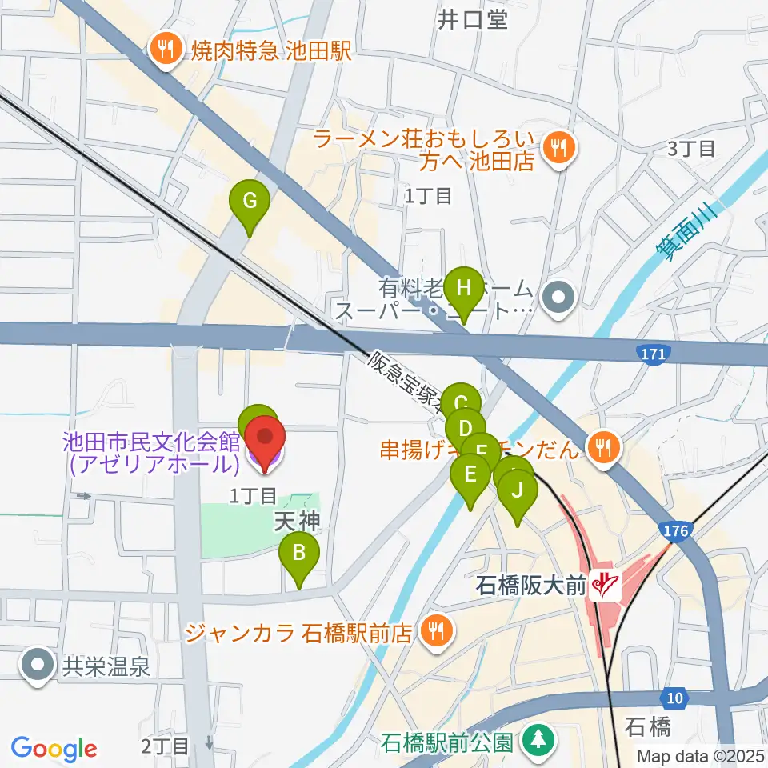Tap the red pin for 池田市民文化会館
point(264,438)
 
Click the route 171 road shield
point(654,352)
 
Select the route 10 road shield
point(676,699)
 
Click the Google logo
point(54,748)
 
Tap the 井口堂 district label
point(473,19)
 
